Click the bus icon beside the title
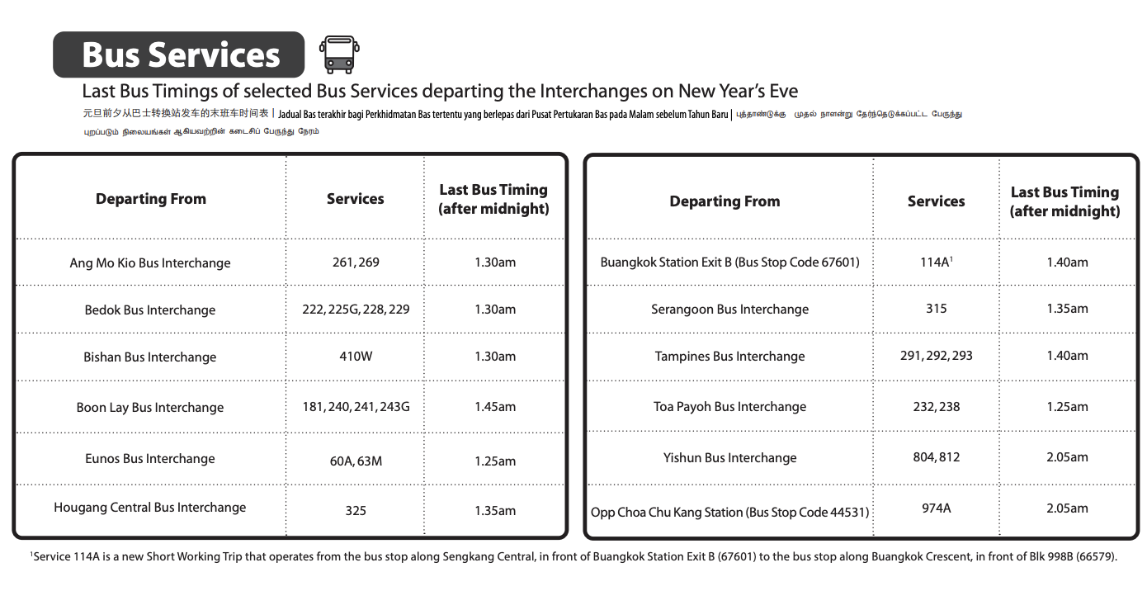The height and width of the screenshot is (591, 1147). point(339,54)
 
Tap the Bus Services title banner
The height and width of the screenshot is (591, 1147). point(180,55)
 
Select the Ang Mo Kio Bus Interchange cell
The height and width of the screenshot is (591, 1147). point(150,263)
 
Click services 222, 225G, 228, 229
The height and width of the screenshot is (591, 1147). point(356,310)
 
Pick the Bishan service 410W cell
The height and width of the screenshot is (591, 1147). point(356,357)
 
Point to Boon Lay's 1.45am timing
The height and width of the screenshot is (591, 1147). point(495,407)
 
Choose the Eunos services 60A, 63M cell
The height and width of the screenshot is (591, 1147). point(356,461)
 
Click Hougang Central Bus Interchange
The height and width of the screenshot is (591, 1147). point(150,508)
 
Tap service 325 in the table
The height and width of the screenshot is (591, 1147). point(356,510)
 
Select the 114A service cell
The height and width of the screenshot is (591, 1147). point(936,262)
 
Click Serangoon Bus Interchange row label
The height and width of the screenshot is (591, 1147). point(729,310)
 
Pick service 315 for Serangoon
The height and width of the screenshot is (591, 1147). point(936,309)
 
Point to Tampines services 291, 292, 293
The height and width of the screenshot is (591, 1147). point(936,356)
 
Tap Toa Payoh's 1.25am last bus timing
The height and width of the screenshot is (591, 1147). point(1067,407)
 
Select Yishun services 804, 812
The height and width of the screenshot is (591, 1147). point(936,457)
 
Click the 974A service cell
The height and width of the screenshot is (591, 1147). point(936,508)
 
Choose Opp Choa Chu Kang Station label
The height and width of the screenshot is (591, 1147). point(729,513)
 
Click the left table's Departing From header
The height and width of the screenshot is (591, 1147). point(151,199)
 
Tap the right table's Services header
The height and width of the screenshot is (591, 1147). point(936,201)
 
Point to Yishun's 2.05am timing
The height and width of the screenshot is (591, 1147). point(1067,457)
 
